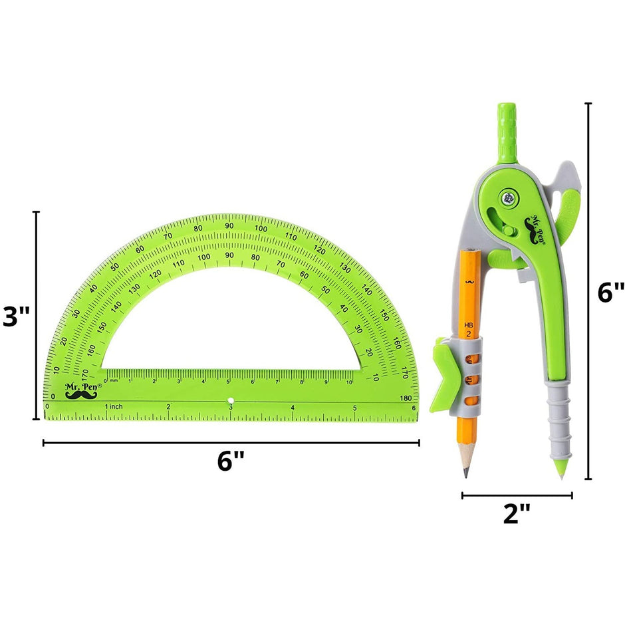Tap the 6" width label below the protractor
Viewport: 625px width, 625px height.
pyautogui.click(x=230, y=461)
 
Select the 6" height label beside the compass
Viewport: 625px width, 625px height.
pyautogui.click(x=610, y=292)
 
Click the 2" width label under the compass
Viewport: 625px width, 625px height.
pyautogui.click(x=517, y=513)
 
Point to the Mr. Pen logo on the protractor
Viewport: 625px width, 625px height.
pyautogui.click(x=83, y=390)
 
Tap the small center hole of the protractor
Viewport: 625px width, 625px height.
pyautogui.click(x=231, y=401)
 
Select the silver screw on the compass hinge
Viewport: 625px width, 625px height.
pyautogui.click(x=509, y=196)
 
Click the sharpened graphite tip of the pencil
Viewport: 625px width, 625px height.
pyautogui.click(x=465, y=473)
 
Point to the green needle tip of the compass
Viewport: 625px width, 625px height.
pyautogui.click(x=561, y=473)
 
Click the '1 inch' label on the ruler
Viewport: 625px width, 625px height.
pyautogui.click(x=114, y=406)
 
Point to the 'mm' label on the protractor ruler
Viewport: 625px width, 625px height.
pyautogui.click(x=114, y=381)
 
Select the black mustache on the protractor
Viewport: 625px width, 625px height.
pyautogui.click(x=81, y=395)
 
